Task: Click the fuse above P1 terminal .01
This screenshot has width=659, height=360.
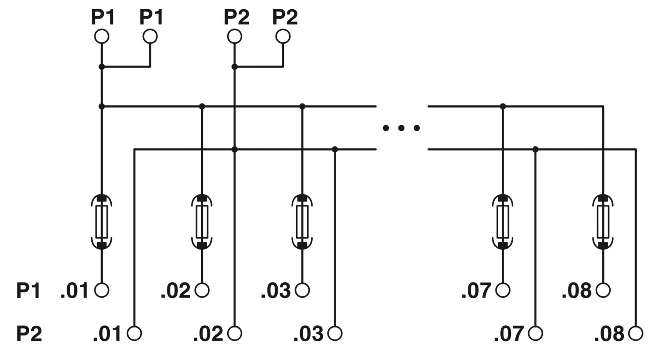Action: coord(102,222)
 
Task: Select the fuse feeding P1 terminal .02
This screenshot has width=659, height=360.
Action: coord(202,222)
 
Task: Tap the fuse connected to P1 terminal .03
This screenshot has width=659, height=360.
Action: coord(302,222)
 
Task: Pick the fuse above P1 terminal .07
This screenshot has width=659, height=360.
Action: coord(503,222)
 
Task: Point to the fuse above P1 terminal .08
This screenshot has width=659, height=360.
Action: coord(603,222)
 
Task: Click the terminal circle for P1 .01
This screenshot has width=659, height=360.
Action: coord(102,290)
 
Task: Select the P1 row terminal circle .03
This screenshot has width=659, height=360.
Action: coord(302,290)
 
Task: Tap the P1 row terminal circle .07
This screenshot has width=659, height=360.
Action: coord(503,290)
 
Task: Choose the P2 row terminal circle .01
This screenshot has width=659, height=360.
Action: coord(134,334)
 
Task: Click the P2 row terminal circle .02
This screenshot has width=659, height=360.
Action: coord(235,334)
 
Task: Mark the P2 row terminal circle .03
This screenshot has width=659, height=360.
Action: coord(335,334)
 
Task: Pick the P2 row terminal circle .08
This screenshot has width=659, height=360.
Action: coord(636,334)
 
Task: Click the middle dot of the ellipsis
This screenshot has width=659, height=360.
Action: coord(401,128)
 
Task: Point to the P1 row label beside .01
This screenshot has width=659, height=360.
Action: coord(28,291)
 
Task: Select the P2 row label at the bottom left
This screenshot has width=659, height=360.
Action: coord(29,334)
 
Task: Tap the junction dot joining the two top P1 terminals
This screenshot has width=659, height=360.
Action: coord(102,67)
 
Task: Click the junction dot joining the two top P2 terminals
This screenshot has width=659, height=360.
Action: coord(235,67)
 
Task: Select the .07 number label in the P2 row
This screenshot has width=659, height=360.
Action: coord(509,334)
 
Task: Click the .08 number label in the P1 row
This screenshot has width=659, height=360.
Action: coord(576,291)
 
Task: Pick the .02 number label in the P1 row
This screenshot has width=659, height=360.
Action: coord(176,291)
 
